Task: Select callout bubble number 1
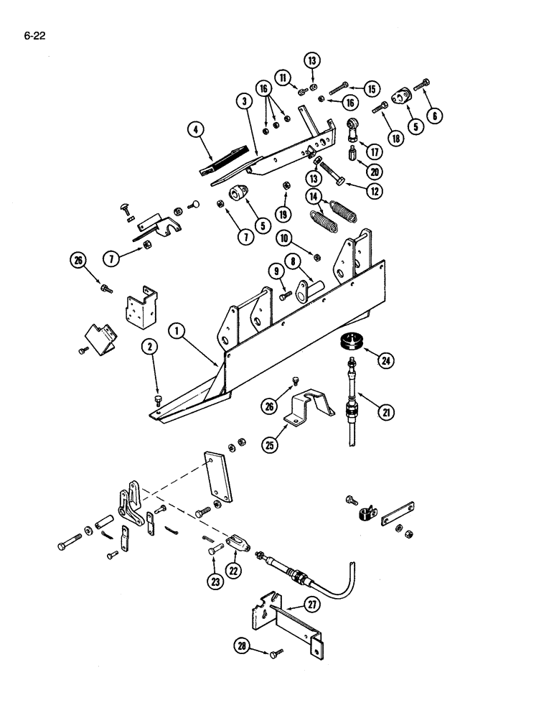(x=175, y=331)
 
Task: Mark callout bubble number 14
(x=313, y=196)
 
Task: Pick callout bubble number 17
(x=373, y=151)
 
